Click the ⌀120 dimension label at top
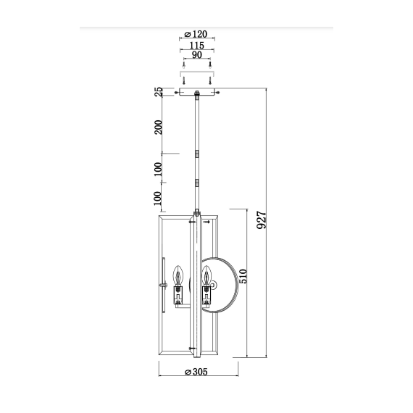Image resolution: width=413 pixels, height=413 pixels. [x=196, y=34]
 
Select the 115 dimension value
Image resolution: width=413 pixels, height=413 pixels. [x=196, y=45]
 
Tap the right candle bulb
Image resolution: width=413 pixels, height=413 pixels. [x=207, y=276]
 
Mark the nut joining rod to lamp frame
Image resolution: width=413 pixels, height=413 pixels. [x=196, y=213]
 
